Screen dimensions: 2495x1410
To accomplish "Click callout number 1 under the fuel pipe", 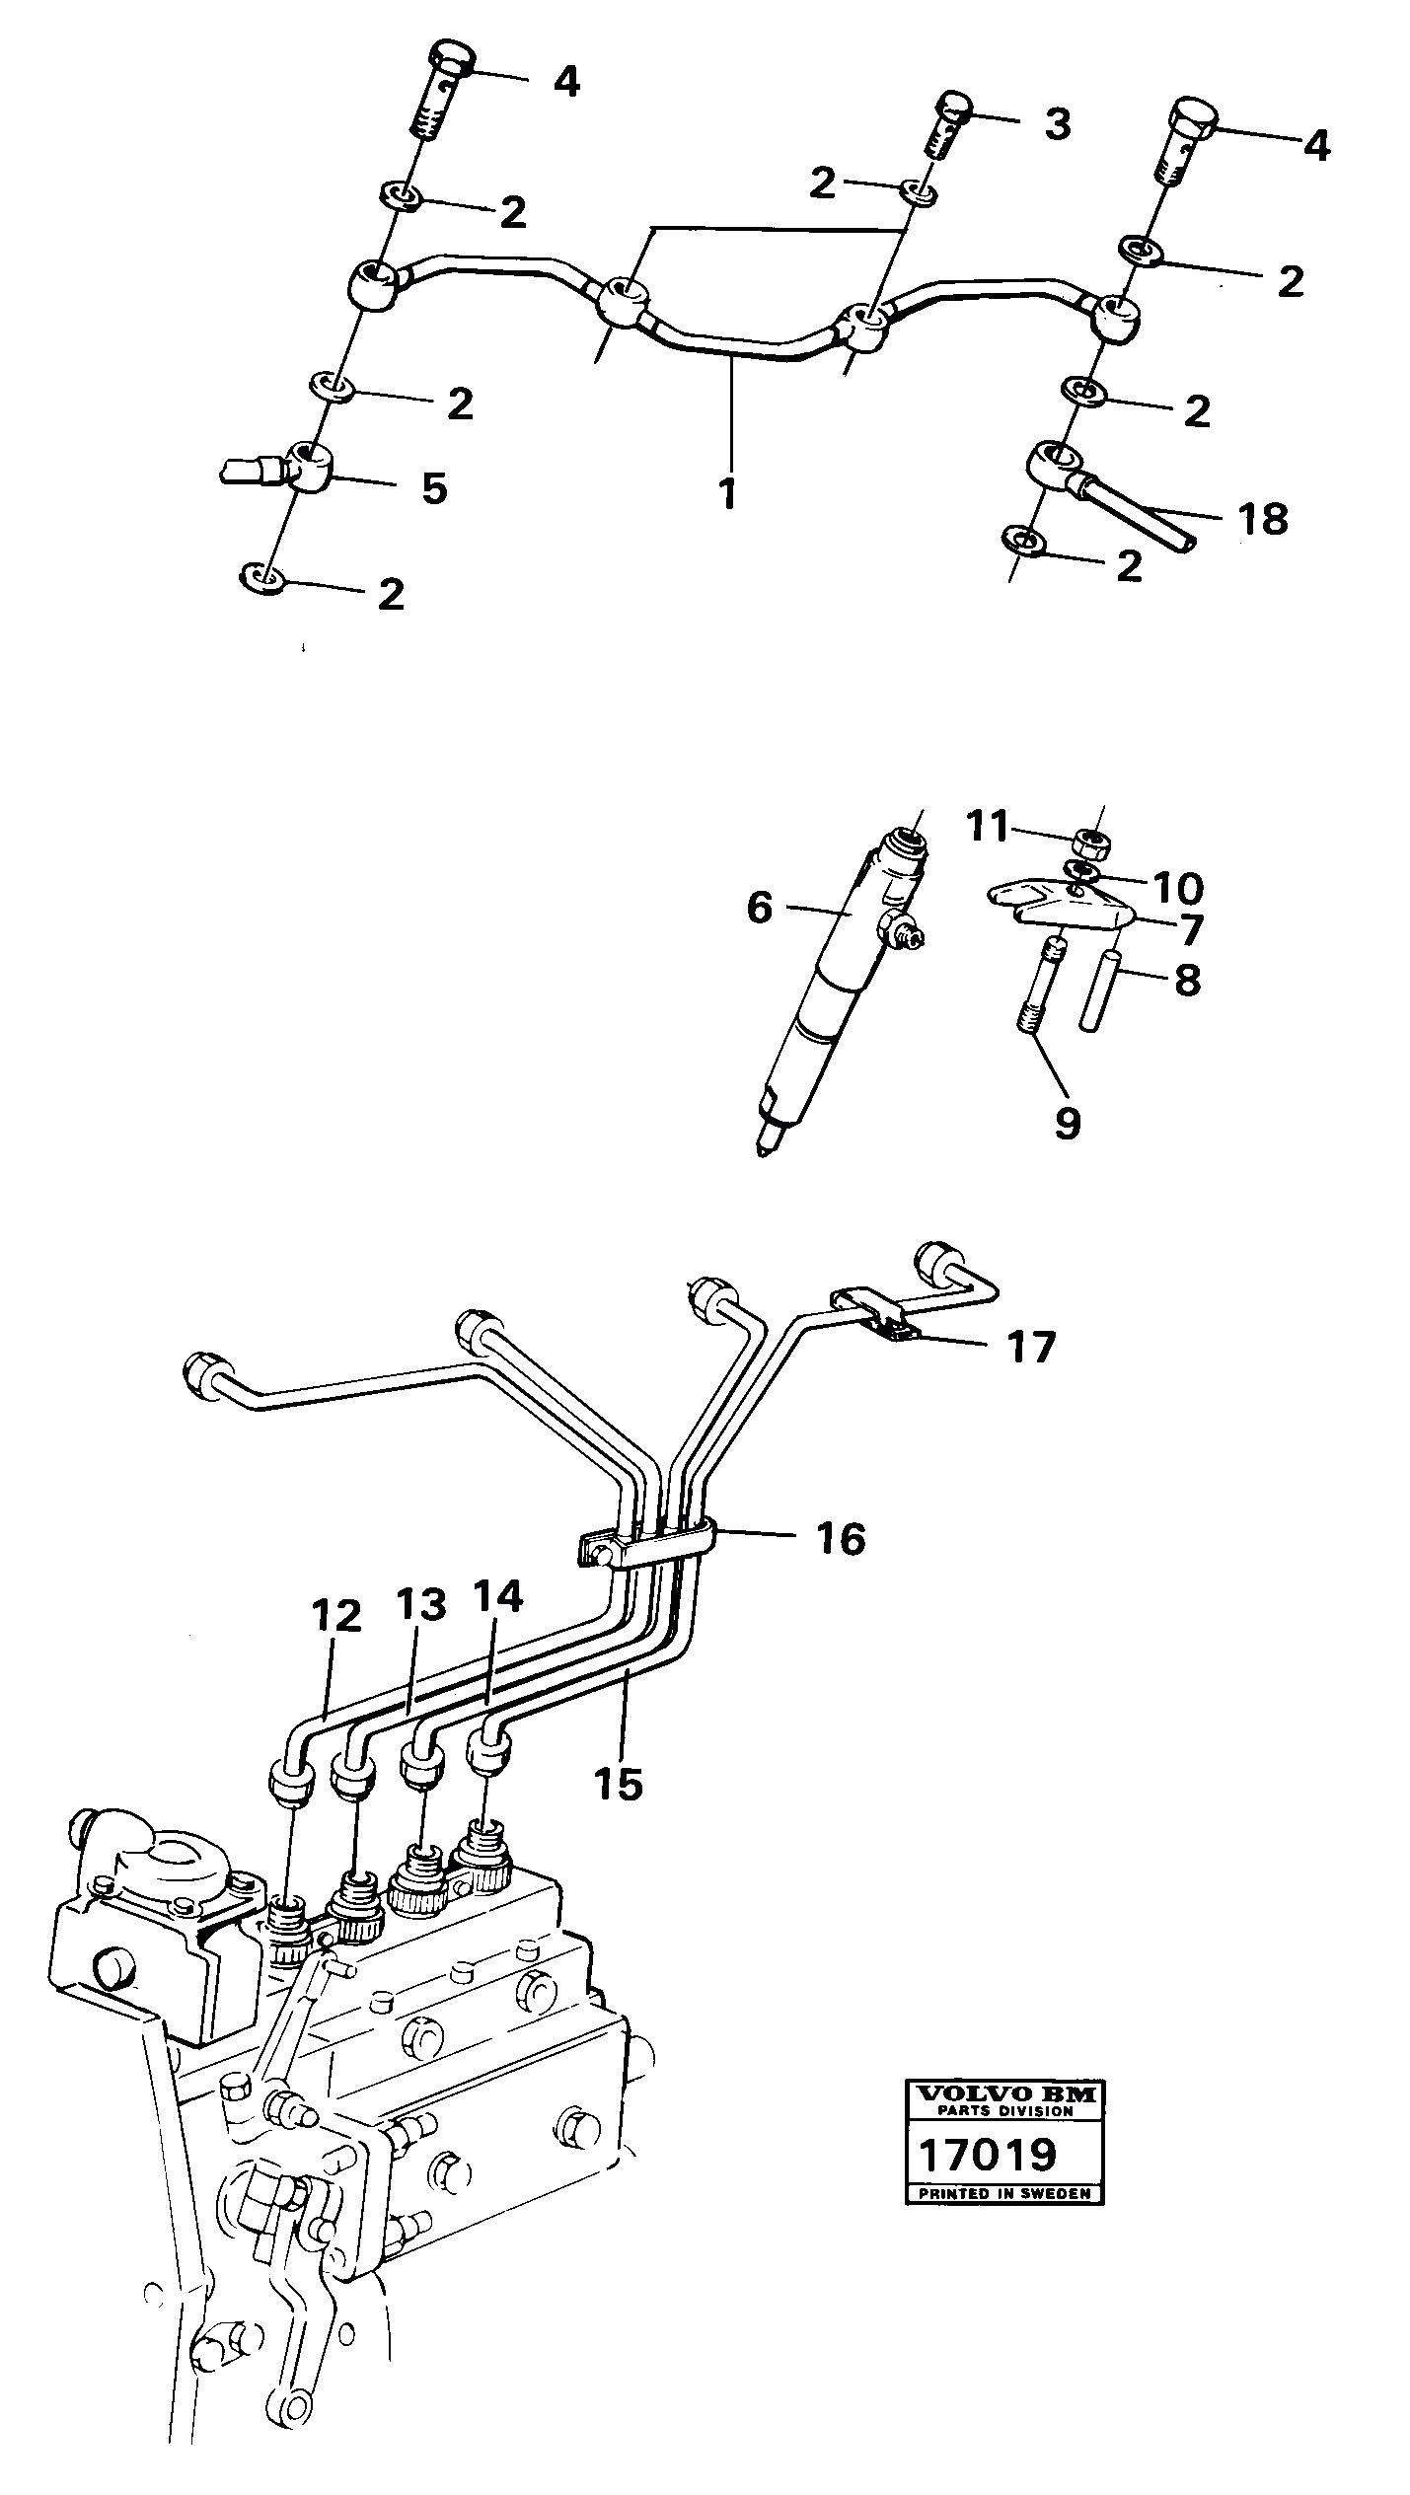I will coord(728,493).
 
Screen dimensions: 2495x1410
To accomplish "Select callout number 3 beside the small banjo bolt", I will coord(1057,125).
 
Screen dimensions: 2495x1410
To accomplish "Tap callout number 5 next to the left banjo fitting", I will coord(434,487).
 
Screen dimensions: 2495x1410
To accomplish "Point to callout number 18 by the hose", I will coord(1264,519).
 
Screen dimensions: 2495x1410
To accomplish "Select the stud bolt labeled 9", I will coord(1035,987).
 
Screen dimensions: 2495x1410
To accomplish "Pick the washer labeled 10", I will coord(1083,871).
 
